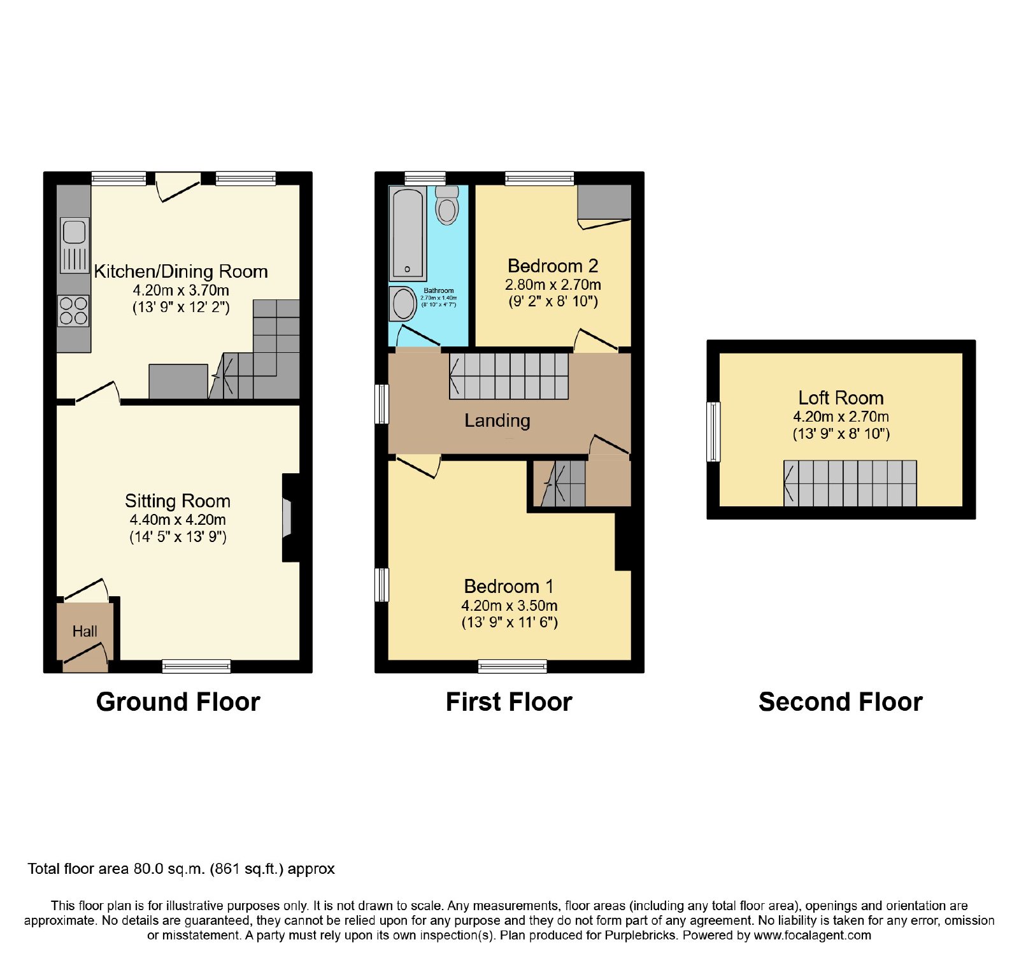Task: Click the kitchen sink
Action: [x=75, y=245]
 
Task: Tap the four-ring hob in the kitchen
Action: [x=74, y=311]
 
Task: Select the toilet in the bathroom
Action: [x=448, y=204]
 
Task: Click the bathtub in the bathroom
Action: [x=408, y=233]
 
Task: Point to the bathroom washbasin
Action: [x=402, y=304]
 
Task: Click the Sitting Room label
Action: [x=178, y=501]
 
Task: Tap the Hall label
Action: [x=85, y=631]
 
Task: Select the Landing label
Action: [x=497, y=420]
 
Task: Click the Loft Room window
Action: [x=714, y=431]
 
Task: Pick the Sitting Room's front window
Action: [x=196, y=666]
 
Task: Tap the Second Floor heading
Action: [x=841, y=702]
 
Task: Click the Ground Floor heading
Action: [x=178, y=702]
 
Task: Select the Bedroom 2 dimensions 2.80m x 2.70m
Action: [x=553, y=285]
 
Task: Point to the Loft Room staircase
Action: [x=850, y=483]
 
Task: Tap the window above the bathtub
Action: [x=425, y=178]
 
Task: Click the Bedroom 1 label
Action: [x=509, y=586]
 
